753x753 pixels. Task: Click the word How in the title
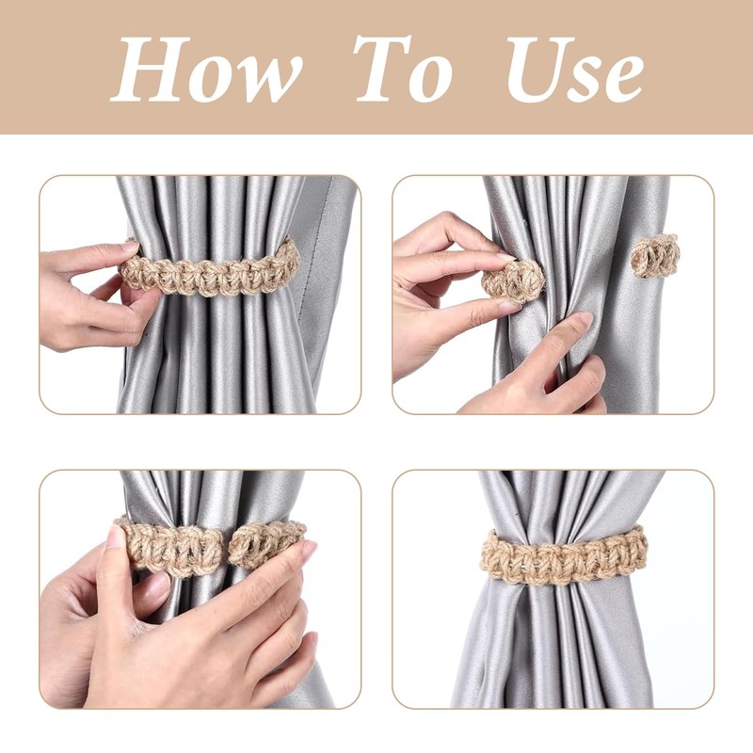(x=207, y=70)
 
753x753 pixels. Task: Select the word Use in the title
(x=575, y=70)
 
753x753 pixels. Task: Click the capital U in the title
(x=532, y=70)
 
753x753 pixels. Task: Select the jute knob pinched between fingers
(x=513, y=280)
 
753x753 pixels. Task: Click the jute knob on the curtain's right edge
(x=653, y=255)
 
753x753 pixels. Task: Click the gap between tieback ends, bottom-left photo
(x=226, y=547)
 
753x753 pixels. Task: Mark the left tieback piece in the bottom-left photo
(x=169, y=546)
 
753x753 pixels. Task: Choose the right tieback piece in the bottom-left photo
(x=267, y=542)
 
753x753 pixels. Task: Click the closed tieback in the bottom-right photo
(x=564, y=555)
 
